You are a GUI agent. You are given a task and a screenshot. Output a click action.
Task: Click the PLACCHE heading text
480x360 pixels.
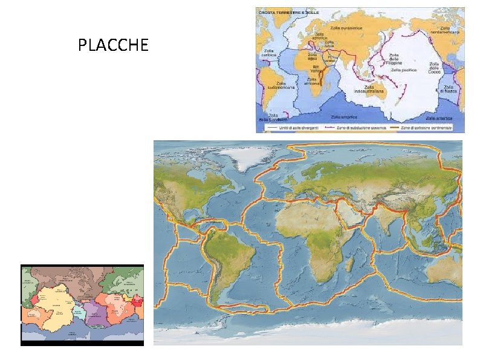click(x=113, y=45)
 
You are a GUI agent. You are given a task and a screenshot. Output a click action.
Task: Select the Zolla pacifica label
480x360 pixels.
click(x=404, y=70)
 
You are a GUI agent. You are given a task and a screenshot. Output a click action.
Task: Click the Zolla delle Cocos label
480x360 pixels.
click(x=434, y=68)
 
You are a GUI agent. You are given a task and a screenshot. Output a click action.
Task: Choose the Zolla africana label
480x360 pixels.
click(x=313, y=81)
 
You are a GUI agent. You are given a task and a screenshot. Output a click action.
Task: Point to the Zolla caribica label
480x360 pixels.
click(x=269, y=53)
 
